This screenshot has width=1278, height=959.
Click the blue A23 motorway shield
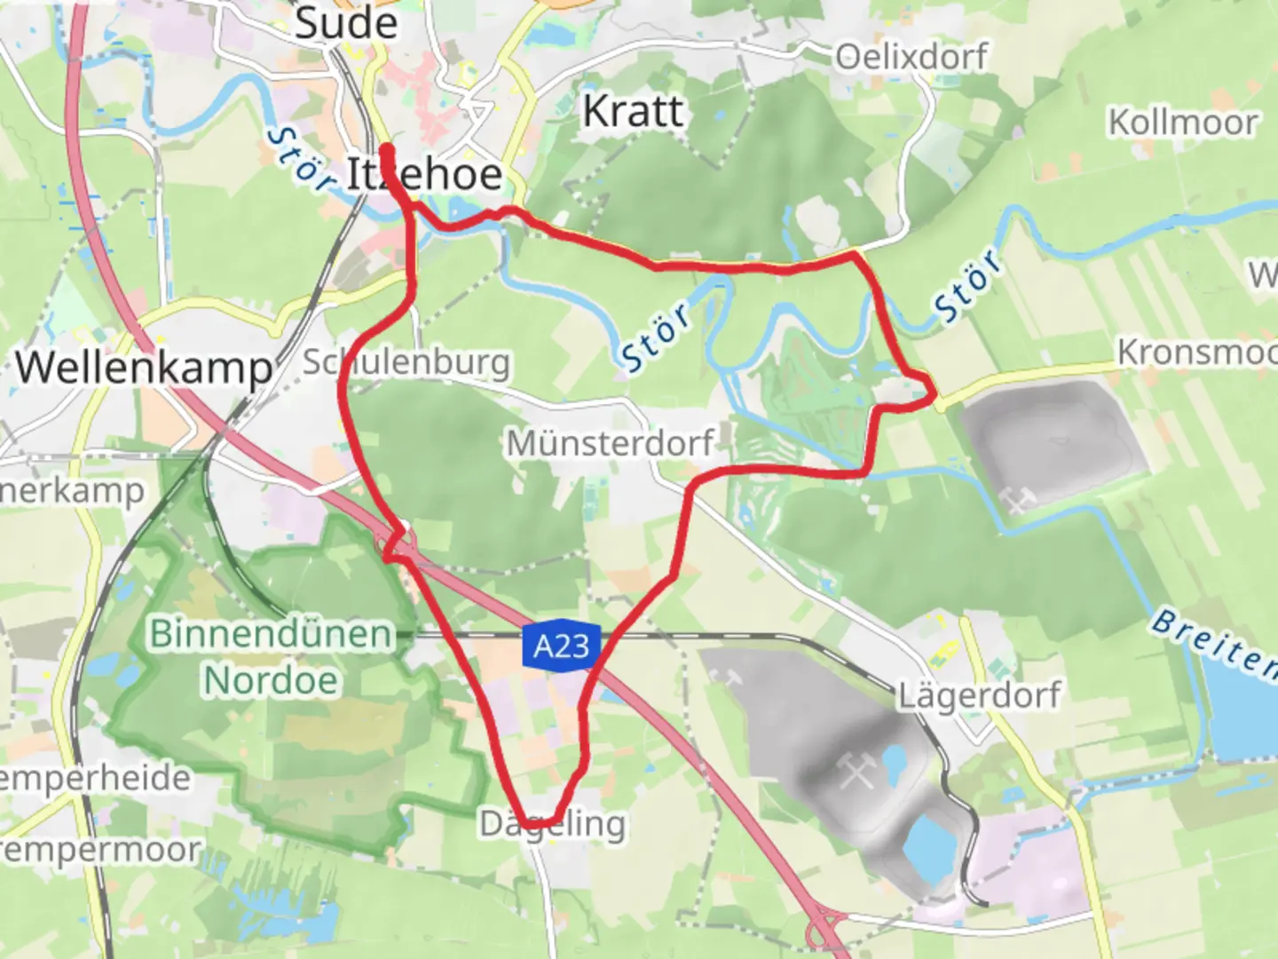tap(562, 646)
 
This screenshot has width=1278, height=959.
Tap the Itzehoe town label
tap(423, 173)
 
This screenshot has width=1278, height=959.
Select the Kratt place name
tap(633, 112)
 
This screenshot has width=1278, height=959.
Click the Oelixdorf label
tap(911, 57)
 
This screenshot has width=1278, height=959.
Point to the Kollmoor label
tap(1183, 122)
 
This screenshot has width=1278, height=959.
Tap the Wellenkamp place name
tap(144, 367)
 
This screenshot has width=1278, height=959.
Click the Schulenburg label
tap(406, 361)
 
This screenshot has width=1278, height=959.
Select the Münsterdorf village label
tap(610, 442)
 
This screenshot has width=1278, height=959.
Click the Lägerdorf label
tap(979, 694)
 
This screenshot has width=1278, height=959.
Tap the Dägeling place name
tap(552, 824)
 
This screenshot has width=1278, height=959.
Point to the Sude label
tap(345, 22)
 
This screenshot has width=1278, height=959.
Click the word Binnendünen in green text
tap(271, 634)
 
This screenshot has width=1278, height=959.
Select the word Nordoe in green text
tap(271, 681)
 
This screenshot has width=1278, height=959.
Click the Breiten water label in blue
tap(1213, 641)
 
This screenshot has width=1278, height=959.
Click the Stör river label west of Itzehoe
tap(300, 158)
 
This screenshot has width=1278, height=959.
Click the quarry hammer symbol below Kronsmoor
tap(1018, 499)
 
